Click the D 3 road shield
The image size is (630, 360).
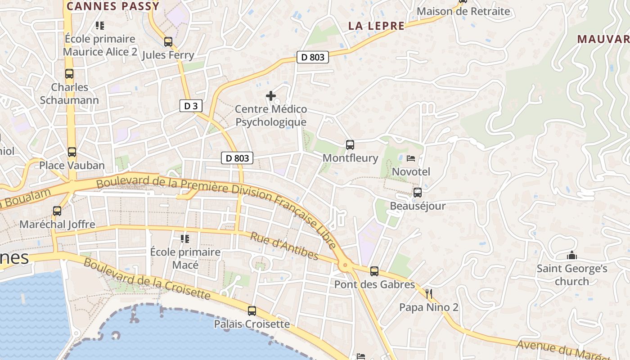coord(191,106)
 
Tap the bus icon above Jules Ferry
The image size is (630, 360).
coord(168,42)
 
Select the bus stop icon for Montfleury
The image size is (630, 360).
coord(350,145)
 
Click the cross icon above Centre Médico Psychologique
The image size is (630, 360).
coord(271,96)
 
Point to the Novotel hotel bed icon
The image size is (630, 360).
coord(411,158)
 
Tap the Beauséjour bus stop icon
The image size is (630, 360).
coord(418,193)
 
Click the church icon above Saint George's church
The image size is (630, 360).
coord(572,256)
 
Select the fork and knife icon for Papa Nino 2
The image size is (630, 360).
coord(429,294)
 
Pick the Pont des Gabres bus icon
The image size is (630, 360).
coord(374,271)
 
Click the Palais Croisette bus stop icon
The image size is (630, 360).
coord(252,310)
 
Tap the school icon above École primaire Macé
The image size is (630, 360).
coord(185,238)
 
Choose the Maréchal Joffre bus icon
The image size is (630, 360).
coord(57,211)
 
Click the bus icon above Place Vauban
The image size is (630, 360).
coord(72,152)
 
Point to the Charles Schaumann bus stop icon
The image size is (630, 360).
coord(69,74)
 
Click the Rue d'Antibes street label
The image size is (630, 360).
coord(284,246)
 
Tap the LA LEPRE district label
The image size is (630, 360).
coord(376,26)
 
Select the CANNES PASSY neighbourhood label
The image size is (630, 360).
coord(113,6)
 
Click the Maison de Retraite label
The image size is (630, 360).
coord(463,11)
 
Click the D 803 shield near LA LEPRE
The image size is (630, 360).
coord(313,58)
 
